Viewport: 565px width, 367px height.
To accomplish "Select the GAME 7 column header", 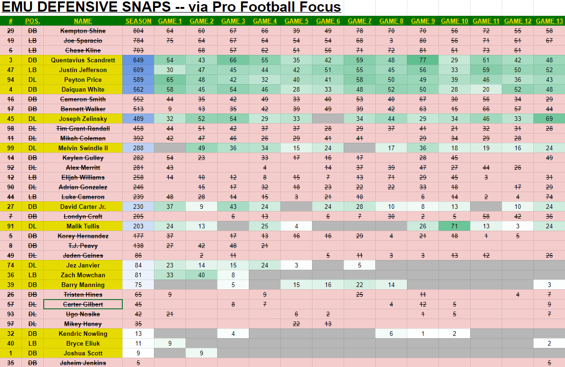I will (x=359, y=21).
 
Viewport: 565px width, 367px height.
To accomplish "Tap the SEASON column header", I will (x=138, y=21).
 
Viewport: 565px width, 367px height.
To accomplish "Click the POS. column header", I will (x=32, y=21).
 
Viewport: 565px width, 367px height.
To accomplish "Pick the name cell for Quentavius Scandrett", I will (x=83, y=60).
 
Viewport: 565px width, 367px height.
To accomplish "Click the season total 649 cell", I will (x=138, y=60).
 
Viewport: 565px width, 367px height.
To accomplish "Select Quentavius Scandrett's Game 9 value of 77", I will (x=423, y=60).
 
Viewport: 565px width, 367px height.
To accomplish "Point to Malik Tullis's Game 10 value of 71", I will (x=454, y=226).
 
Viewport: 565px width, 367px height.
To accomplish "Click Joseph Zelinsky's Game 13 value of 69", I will (x=549, y=119).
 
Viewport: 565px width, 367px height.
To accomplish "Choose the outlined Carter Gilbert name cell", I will (x=83, y=304).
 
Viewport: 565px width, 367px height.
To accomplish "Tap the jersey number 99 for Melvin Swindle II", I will (x=10, y=148).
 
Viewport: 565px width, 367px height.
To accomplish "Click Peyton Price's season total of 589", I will (x=138, y=80).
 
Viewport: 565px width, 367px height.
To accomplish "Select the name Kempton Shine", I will (x=83, y=31).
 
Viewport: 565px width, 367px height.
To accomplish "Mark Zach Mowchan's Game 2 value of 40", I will (x=201, y=275).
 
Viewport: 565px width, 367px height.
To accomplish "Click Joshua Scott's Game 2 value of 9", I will (x=201, y=353).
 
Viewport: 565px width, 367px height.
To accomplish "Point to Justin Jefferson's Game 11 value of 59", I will (x=486, y=70).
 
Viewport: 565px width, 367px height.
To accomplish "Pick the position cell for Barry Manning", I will (x=32, y=285).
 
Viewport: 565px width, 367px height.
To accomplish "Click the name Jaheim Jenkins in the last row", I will (x=83, y=363).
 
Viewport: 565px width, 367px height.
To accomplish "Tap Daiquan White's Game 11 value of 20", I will (x=486, y=89).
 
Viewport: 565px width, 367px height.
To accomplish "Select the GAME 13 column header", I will (x=549, y=21).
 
